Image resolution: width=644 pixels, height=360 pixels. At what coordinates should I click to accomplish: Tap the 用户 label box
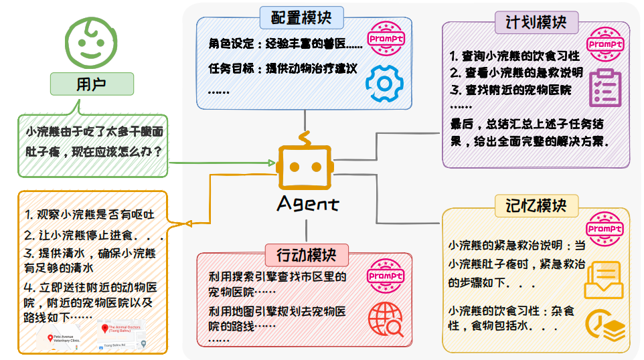point(92,84)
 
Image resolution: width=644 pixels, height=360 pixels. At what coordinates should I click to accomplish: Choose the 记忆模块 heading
point(535,205)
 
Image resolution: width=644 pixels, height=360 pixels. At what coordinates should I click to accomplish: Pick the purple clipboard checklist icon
point(605,87)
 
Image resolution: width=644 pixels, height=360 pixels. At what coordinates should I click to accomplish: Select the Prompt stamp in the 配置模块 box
point(386,39)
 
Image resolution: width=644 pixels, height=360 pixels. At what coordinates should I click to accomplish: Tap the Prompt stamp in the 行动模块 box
point(386,276)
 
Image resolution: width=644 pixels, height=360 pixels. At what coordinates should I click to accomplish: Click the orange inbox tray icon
point(604,278)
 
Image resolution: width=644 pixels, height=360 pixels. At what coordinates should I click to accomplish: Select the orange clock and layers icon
point(605,324)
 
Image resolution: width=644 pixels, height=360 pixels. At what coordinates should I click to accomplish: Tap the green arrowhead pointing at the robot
point(270,163)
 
